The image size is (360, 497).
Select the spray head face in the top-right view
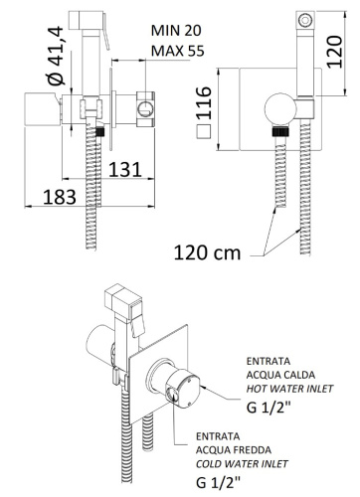click(304, 19)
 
